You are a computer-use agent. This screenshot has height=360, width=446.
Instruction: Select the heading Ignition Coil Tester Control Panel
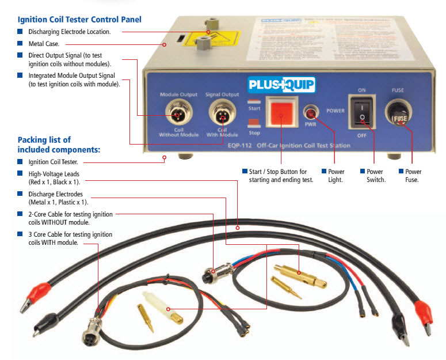pyautogui.click(x=79, y=20)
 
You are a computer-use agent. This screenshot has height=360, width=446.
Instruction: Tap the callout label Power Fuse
pyautogui.click(x=413, y=176)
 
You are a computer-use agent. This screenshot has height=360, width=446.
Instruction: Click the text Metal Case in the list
pyautogui.click(x=48, y=43)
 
